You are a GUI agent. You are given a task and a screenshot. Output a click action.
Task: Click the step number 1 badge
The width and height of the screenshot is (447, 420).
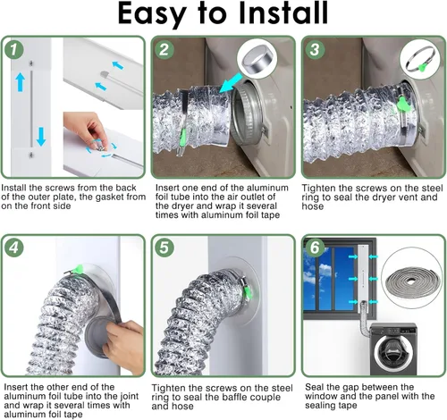pyautogui.click(x=14, y=49)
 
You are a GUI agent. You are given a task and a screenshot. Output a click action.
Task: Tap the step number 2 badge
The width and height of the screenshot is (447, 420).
pyautogui.click(x=164, y=49)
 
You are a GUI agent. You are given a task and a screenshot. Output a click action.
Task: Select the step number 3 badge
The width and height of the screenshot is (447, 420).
pyautogui.click(x=315, y=49)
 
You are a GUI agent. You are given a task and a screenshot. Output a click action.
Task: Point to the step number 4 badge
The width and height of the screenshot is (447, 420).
pyautogui.click(x=14, y=248)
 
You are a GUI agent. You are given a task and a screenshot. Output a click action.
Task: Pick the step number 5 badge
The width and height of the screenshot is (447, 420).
pyautogui.click(x=164, y=248)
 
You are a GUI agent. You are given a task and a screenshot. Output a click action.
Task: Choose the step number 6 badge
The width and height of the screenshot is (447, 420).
pyautogui.click(x=315, y=248)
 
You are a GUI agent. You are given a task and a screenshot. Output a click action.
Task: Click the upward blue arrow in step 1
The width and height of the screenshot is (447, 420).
pyautogui.click(x=21, y=82)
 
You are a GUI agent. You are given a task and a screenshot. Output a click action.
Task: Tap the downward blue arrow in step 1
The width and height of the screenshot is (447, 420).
pyautogui.click(x=41, y=137)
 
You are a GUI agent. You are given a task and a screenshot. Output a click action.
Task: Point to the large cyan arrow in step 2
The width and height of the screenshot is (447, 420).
pyautogui.click(x=231, y=83)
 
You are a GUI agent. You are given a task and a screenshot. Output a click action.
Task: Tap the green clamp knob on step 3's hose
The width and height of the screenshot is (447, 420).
pyautogui.click(x=403, y=105)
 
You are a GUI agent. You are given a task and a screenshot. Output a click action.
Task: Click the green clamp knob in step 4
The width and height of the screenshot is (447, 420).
pyautogui.click(x=80, y=269)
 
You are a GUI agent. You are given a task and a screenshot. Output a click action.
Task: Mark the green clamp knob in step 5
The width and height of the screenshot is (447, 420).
pyautogui.click(x=247, y=292)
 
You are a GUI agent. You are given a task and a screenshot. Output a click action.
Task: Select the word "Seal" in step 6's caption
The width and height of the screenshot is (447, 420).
pyautogui.click(x=313, y=387)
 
